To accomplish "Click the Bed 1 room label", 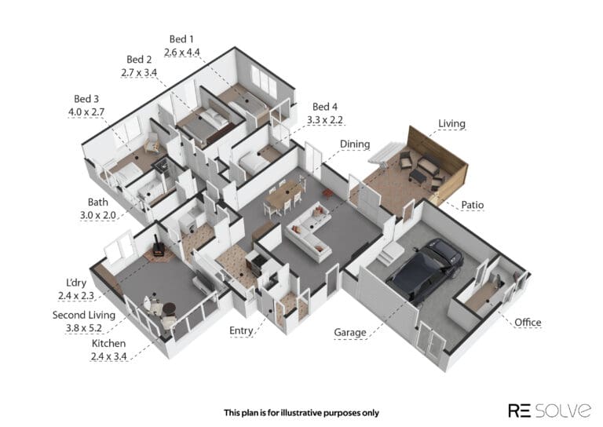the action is coord(181,38).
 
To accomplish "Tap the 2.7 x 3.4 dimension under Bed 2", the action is coord(139,72).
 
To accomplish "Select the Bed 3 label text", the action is coord(86,99).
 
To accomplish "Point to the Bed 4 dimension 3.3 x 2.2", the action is coord(324,120).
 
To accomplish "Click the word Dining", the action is coord(355,144).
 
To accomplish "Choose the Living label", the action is coord(451,123).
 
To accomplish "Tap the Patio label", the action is coord(472,205).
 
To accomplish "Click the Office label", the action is coord(528,322).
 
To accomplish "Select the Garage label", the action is coord(349,332).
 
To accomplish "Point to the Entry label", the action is coord(241,330).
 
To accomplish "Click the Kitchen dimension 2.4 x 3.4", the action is coord(108,356).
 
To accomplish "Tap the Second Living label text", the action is coord(84,315).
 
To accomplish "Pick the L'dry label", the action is coord(76,283).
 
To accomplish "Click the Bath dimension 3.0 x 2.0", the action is coord(97,215).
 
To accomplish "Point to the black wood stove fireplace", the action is coord(157,246).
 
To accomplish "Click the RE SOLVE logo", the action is coord(550,410).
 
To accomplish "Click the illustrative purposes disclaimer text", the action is coord(301,413).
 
